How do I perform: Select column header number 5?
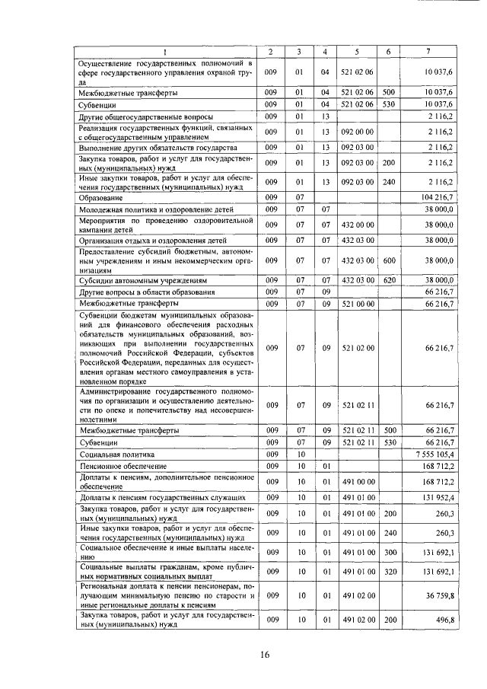click(x=356, y=51)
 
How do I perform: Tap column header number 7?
click(x=431, y=51)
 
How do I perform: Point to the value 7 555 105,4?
click(x=434, y=454)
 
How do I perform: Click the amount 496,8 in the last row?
click(x=442, y=620)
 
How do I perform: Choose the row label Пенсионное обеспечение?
click(x=119, y=465)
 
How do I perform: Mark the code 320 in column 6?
click(x=388, y=571)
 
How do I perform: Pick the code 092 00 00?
click(x=356, y=130)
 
